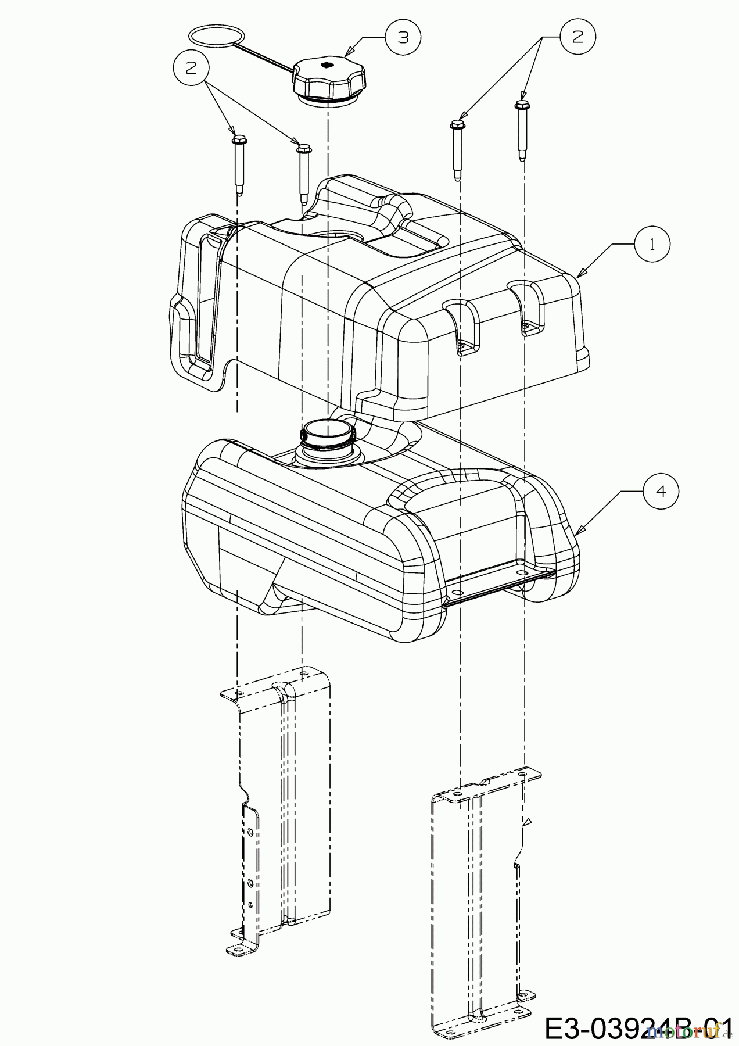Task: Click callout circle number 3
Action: pos(403,37)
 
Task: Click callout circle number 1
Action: pos(652,245)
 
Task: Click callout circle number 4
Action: pos(660,491)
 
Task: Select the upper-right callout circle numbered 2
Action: pos(577,37)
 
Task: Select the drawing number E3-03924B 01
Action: pos(636,1027)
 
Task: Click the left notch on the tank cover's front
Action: pos(461,328)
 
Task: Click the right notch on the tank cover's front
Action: pos(528,308)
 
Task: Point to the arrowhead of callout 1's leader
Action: pos(579,273)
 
